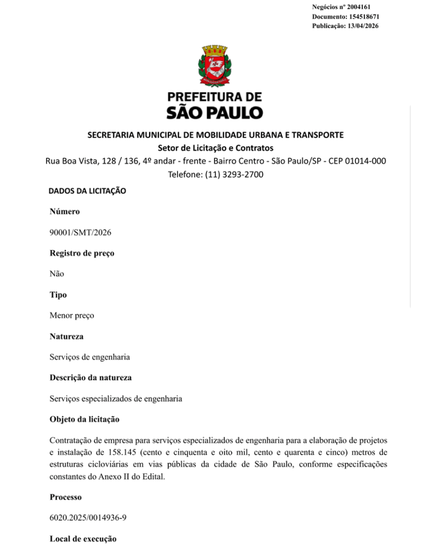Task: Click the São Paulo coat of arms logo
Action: pos(215,67)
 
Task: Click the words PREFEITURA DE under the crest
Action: pos(215,97)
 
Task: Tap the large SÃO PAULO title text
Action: pos(215,112)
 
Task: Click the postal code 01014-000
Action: pos(366,161)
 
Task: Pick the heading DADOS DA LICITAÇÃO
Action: pos(87,191)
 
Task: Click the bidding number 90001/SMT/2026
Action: pos(80,232)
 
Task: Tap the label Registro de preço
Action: pos(82,253)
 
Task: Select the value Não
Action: pos(57,273)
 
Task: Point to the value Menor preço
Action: pos(72,315)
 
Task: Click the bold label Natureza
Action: pos(66,336)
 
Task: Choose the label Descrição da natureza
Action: pos(90,378)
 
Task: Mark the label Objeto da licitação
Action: pos(85,419)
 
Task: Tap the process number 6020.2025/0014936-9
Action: pos(88,518)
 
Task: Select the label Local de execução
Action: pos(83,538)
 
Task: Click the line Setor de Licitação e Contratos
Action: pos(215,147)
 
